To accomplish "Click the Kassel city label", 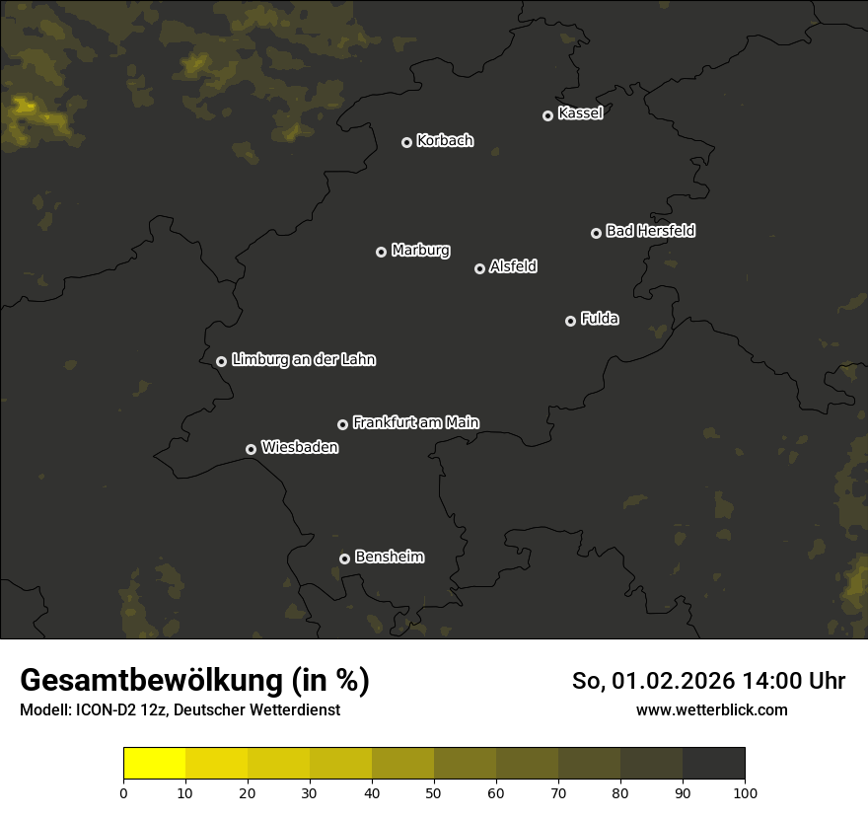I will click(x=580, y=113).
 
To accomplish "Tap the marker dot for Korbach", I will click(x=406, y=142).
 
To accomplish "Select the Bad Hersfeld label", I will click(x=650, y=231).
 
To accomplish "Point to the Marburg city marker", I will click(x=381, y=252).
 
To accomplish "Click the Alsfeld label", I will click(x=513, y=266).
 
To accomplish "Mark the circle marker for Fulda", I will click(x=570, y=321).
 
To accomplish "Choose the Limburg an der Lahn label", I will click(x=303, y=360).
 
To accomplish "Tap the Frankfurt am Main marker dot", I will click(x=342, y=424).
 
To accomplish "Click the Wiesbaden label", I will click(x=299, y=448).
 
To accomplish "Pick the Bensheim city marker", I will click(x=344, y=558).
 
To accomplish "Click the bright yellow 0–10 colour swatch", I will click(x=154, y=764).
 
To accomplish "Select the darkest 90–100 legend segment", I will click(x=713, y=764).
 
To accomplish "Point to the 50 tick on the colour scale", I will click(x=434, y=791).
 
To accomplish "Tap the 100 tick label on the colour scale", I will click(x=745, y=792).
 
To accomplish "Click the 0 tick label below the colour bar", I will click(x=123, y=792).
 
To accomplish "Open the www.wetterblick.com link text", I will click(x=711, y=710).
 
